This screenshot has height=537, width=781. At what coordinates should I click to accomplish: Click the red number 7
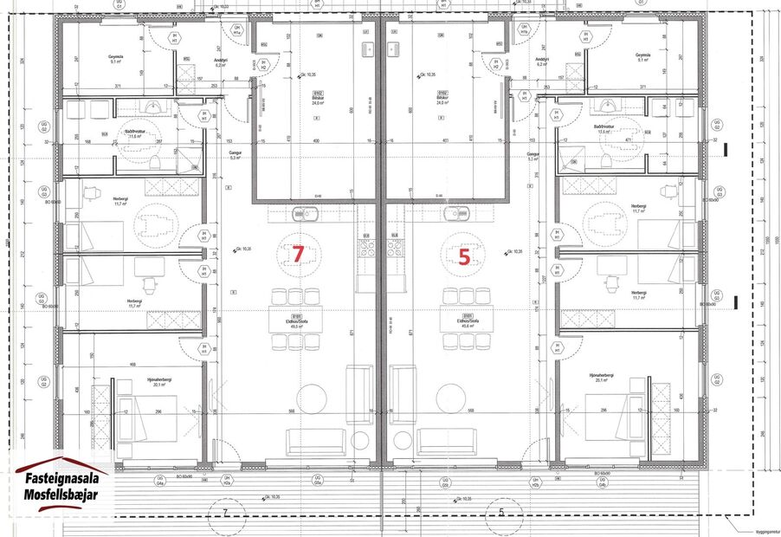[x=298, y=254]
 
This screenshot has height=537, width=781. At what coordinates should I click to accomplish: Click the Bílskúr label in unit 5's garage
[x=442, y=97]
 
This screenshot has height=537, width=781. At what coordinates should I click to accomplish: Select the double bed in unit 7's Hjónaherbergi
[x=146, y=417]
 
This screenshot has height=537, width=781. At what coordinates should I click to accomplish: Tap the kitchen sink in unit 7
[x=306, y=213]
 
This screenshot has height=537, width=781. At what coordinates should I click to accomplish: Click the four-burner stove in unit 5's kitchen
[x=395, y=249]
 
